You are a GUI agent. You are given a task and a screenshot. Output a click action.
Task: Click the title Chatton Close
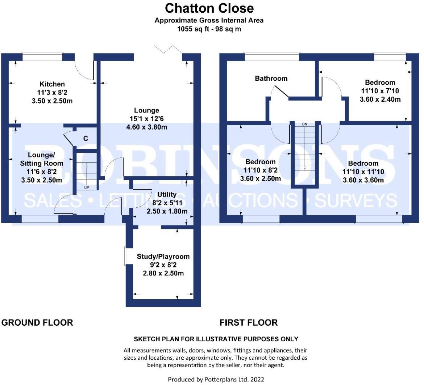(209, 8)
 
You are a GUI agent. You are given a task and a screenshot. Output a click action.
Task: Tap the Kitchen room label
(52, 84)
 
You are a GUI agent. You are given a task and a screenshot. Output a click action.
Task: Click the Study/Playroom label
(163, 257)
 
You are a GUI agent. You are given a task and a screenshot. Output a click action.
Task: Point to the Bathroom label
(271, 79)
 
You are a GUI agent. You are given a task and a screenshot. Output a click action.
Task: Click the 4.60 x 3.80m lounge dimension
(146, 127)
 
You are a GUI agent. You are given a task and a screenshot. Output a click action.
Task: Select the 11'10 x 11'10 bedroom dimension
(364, 172)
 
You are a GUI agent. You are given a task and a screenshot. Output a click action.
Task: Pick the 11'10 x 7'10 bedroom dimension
(380, 91)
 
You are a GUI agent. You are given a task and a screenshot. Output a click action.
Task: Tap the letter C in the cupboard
(86, 138)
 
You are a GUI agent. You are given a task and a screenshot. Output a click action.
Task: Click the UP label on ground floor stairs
(86, 188)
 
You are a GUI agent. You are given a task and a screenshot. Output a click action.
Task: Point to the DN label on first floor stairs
(304, 124)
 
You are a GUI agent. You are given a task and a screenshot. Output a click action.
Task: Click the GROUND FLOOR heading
(37, 322)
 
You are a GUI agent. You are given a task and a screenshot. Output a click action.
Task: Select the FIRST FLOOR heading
(249, 322)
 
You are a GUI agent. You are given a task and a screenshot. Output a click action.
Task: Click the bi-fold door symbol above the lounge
(168, 50)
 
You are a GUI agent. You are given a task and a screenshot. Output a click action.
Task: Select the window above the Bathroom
(272, 57)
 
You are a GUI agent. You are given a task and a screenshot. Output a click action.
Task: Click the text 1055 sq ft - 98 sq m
(209, 29)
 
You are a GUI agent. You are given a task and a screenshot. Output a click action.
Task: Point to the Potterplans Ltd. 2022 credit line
(216, 379)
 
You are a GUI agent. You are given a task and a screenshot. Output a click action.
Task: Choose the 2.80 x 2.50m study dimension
(163, 273)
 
